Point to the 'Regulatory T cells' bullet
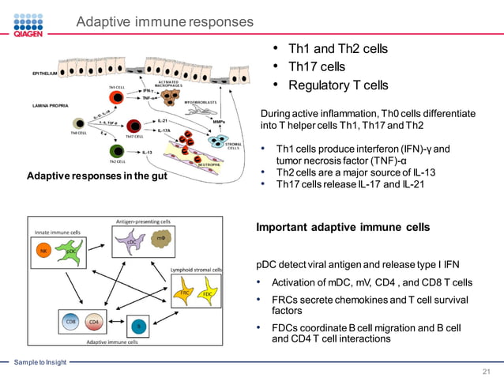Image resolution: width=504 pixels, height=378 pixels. [337, 85]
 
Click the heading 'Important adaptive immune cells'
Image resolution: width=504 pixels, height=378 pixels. [343, 227]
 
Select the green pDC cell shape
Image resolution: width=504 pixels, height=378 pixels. [71, 251]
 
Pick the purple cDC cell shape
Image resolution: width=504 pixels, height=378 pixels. [130, 244]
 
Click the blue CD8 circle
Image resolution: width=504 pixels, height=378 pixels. [70, 322]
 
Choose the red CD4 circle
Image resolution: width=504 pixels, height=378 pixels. [94, 322]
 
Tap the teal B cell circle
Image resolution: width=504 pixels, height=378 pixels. [138, 325]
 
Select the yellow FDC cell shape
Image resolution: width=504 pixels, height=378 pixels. [207, 294]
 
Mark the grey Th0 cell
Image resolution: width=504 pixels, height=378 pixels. [78, 124]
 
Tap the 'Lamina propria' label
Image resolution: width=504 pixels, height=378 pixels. [47, 105]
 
